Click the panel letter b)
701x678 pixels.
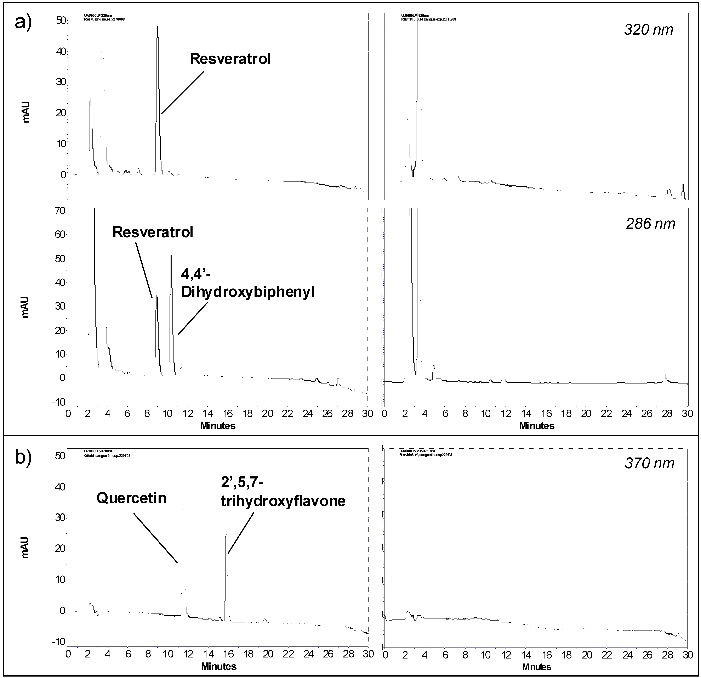(23, 458)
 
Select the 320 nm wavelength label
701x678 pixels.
(648, 29)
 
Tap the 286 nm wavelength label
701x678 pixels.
(650, 224)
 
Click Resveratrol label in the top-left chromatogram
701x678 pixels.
(230, 59)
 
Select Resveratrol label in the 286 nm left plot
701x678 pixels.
(153, 232)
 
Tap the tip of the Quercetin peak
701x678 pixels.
(183, 502)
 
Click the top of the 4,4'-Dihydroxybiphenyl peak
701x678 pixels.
(171, 256)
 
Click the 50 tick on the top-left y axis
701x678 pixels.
(61, 20)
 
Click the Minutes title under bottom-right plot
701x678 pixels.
(536, 667)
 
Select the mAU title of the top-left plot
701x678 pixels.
(26, 112)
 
